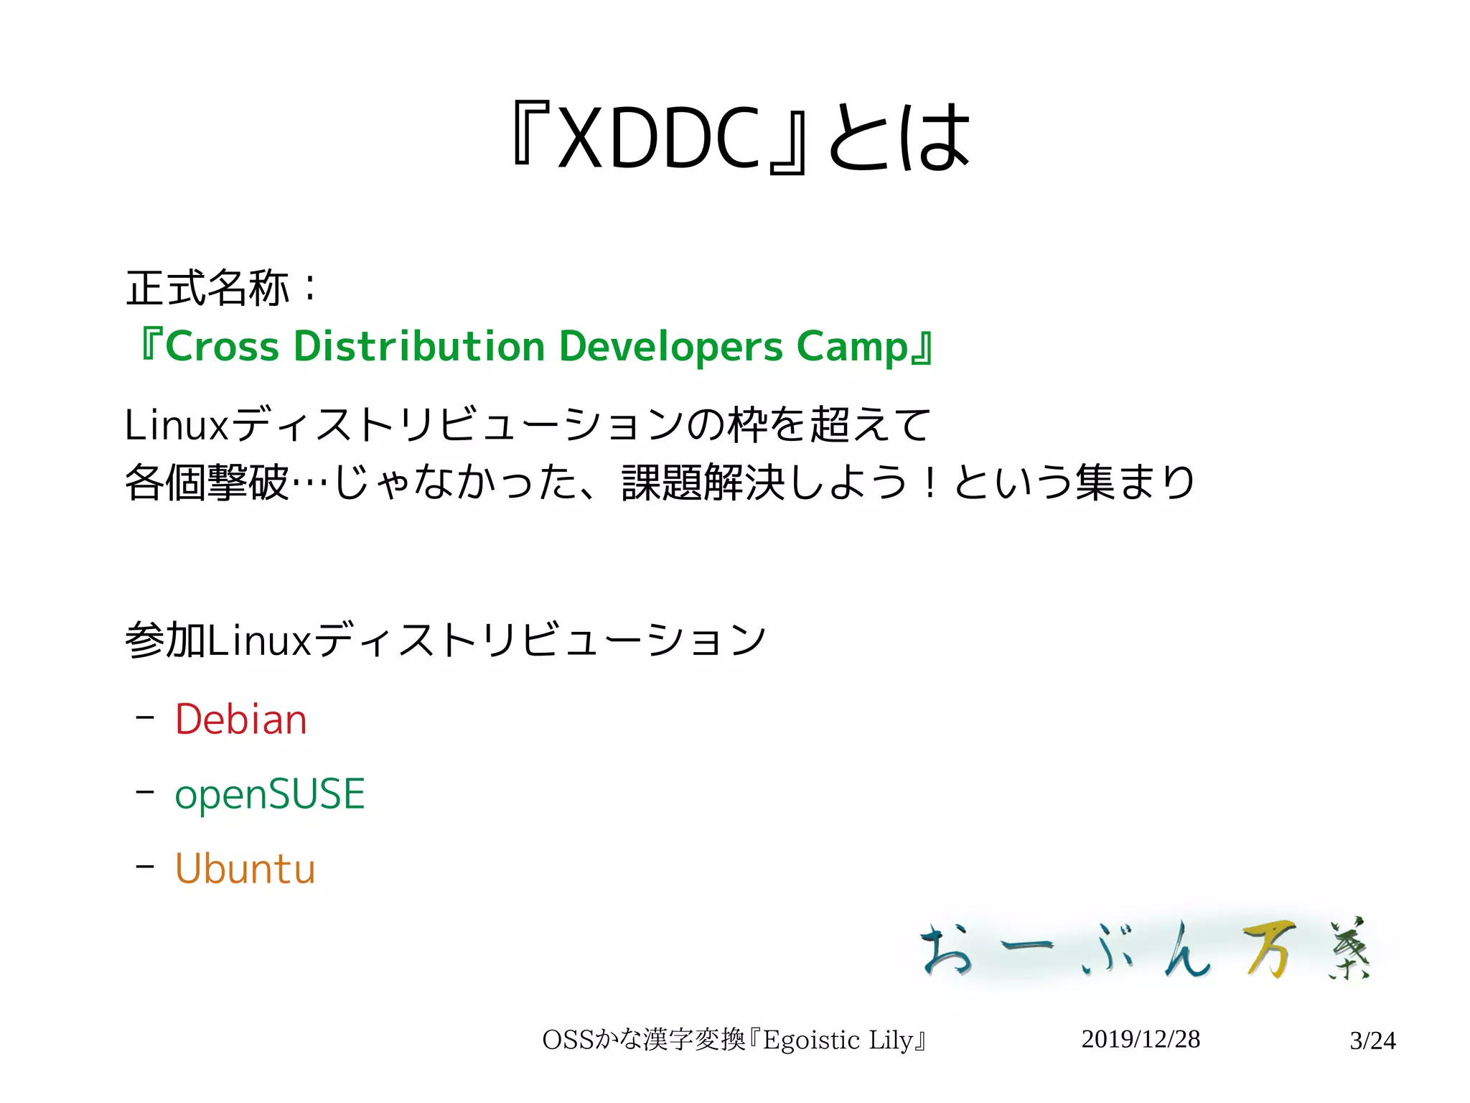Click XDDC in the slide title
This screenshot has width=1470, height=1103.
coord(659,138)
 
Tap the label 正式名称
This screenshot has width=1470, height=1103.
coord(207,289)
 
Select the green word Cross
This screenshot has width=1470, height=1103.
coord(222,346)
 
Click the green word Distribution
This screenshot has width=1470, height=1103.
coord(419,346)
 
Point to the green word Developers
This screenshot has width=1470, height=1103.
coord(670,346)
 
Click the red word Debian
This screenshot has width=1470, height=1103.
coord(241,720)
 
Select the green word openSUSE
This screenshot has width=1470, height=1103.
coord(270,794)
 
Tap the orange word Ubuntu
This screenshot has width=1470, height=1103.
coord(245,869)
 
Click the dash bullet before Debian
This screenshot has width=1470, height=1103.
coord(145,717)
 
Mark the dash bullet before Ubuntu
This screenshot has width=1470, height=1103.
coord(145,867)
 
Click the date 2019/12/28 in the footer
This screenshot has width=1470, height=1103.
coord(1141,1039)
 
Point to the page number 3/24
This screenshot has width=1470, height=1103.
coord(1372,1041)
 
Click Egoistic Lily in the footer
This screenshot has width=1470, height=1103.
coord(838,1040)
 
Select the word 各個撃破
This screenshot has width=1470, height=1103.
coord(207,482)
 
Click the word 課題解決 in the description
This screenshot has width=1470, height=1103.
coord(704,482)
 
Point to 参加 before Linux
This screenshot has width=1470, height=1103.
coord(166,640)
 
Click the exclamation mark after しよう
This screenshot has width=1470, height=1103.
coord(930,482)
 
